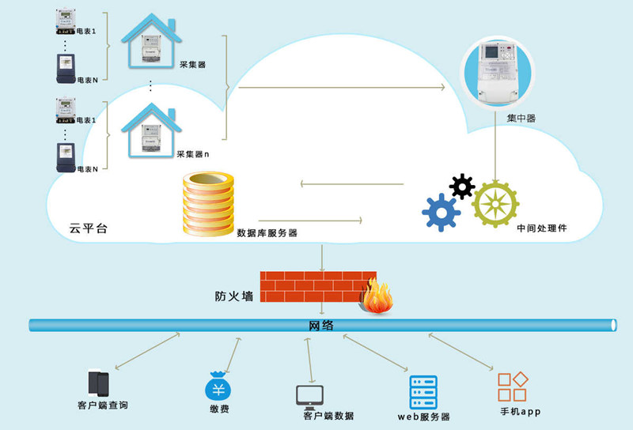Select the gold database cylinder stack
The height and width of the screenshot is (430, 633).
coord(209,204)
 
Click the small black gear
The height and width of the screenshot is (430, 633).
coord(462,187)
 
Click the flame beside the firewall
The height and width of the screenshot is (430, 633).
coord(378,297)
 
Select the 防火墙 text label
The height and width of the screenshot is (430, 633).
coord(235,297)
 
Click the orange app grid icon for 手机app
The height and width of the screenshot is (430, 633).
coord(513,387)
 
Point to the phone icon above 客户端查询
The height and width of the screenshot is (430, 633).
coord(98,384)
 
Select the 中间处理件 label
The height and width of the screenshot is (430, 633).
coord(542,228)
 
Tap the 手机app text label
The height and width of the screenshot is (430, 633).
coord(520,412)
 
